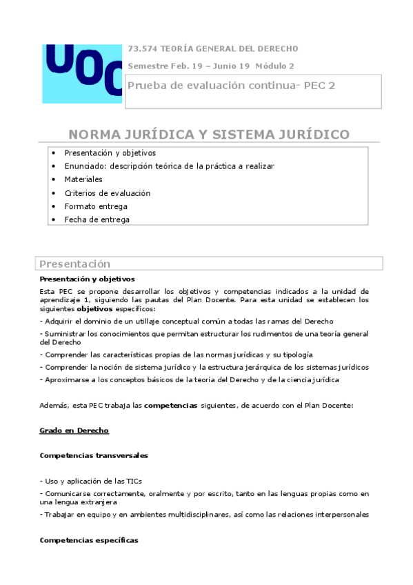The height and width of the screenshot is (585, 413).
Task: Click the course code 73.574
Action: pyautogui.click(x=142, y=49)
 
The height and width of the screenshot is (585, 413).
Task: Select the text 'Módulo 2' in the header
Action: pyautogui.click(x=274, y=66)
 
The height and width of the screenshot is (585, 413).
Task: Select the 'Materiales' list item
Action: pyautogui.click(x=83, y=179)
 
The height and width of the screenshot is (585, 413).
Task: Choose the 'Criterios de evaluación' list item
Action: pyautogui.click(x=107, y=193)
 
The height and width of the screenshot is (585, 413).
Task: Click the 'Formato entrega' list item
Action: pyautogui.click(x=96, y=206)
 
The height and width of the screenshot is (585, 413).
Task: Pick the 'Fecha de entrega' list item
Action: pyautogui.click(x=97, y=219)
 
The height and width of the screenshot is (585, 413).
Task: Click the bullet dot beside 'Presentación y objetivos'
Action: pyautogui.click(x=54, y=152)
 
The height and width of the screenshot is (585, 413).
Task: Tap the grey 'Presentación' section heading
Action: pyautogui.click(x=74, y=264)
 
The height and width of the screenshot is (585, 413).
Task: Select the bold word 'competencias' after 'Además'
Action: pyautogui.click(x=170, y=406)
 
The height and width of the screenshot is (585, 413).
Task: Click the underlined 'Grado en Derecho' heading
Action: pyautogui.click(x=74, y=430)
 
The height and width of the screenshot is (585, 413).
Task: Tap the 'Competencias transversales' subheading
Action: pyautogui.click(x=94, y=456)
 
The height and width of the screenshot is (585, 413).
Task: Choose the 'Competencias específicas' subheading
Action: pyautogui.click(x=89, y=540)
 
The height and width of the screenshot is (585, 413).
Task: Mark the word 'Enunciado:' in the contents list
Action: pyautogui.click(x=85, y=166)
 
